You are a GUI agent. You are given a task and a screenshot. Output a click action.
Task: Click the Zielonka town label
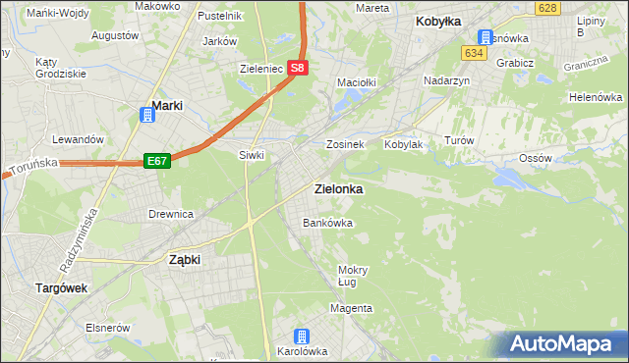(x=337, y=188)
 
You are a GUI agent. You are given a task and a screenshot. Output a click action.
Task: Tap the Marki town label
(x=169, y=106)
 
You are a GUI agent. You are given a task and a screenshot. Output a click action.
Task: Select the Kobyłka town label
(x=438, y=21)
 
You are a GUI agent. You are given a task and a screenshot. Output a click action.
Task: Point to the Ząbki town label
(x=185, y=260)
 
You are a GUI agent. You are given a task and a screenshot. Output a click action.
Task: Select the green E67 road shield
(x=157, y=160)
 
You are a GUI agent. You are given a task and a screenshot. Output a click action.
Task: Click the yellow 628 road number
(x=548, y=8)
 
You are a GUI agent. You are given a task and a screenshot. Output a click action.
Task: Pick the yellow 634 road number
(x=476, y=53)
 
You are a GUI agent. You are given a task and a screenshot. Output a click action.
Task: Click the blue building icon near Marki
(x=146, y=116)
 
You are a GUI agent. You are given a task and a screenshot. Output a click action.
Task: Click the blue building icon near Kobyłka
(x=486, y=36)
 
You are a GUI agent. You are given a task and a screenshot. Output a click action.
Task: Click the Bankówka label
(x=327, y=223)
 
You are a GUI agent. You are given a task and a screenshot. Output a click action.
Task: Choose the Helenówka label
(x=597, y=97)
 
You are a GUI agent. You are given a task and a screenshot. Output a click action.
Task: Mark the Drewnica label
(x=170, y=213)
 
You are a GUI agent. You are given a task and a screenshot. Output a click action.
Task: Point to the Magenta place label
(x=351, y=308)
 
